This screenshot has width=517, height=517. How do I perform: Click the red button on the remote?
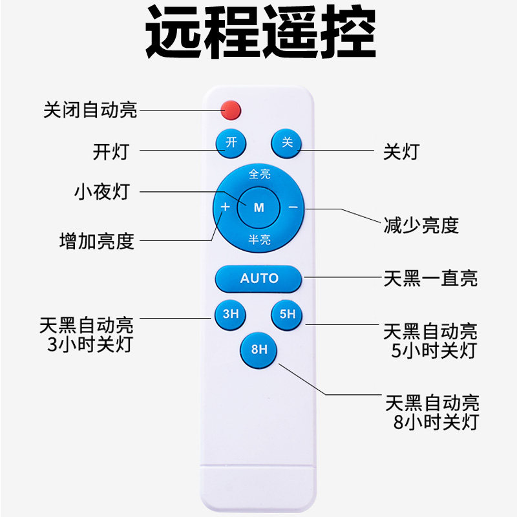(231, 110)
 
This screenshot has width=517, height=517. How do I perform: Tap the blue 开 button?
(231, 142)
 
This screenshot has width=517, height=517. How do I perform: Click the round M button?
(258, 207)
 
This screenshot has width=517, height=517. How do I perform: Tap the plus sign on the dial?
(225, 207)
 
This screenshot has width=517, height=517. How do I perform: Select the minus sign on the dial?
(293, 207)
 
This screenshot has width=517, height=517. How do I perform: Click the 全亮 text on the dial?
(259, 174)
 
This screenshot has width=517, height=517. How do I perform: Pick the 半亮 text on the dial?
(259, 240)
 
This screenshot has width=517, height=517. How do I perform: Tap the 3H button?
(231, 315)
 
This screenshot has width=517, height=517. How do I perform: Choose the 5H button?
(287, 315)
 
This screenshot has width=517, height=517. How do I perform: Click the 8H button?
(258, 350)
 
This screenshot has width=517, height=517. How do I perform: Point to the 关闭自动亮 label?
(90, 110)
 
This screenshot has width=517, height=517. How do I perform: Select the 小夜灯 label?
(102, 192)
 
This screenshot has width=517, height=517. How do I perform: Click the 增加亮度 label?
(96, 241)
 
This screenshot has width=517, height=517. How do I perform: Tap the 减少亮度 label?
(421, 225)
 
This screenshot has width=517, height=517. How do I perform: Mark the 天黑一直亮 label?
(430, 279)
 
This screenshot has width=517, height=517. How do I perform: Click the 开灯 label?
(111, 152)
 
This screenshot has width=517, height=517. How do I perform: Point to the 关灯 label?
(401, 152)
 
